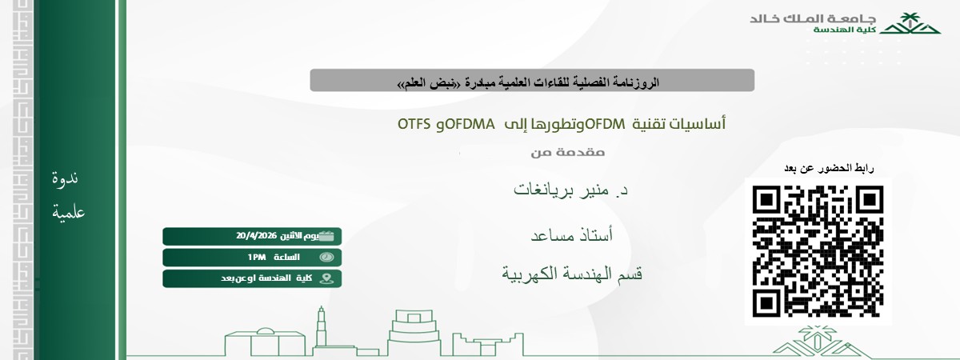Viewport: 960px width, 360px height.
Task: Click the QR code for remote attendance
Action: pyautogui.click(x=818, y=250)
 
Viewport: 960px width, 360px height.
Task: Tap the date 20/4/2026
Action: pyautogui.click(x=256, y=236)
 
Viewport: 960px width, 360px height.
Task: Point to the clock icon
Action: pyautogui.click(x=326, y=257)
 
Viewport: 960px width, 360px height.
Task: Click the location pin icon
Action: pyautogui.click(x=326, y=278)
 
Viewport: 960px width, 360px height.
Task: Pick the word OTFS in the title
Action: pyautogui.click(x=415, y=124)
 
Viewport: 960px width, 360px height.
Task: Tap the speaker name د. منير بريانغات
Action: pyautogui.click(x=570, y=191)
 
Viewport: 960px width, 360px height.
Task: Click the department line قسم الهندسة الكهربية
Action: pyautogui.click(x=572, y=274)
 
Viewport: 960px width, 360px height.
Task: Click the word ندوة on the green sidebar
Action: pyautogui.click(x=65, y=179)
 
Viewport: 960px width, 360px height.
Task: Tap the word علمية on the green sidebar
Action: pyautogui.click(x=68, y=213)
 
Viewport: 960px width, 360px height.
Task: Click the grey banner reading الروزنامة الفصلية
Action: pyautogui.click(x=532, y=81)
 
